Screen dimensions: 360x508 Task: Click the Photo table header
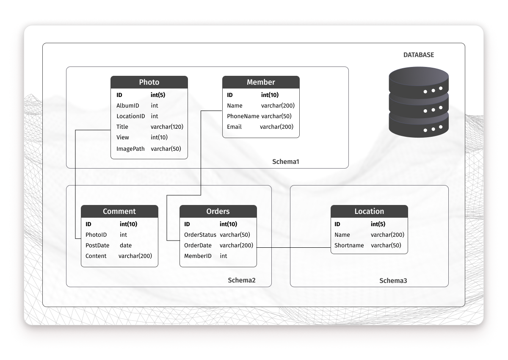coord(149,82)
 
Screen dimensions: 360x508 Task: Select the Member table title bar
coord(261,82)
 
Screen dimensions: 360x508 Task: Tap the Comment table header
coord(119,211)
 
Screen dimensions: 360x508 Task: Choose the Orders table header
coord(218,211)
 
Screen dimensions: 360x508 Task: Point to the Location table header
coord(369,211)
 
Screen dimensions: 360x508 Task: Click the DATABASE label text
coord(418,55)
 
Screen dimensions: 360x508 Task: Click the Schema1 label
coord(286,162)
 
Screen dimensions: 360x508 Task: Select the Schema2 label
coord(242,280)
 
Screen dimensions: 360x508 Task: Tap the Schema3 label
coord(393,280)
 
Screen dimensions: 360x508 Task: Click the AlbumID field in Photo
coord(128,105)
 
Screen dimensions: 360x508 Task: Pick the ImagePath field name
coord(130,149)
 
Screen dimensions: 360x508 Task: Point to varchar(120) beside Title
coord(167,127)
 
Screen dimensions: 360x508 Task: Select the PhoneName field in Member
coord(243,116)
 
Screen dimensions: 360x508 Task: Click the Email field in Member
coord(234,127)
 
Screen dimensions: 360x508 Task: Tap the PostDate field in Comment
coord(97,245)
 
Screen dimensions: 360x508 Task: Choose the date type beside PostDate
coord(126,245)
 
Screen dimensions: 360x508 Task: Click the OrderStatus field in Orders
coord(200,235)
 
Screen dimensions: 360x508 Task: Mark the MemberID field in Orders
coord(198,256)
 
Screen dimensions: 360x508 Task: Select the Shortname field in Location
coord(349,245)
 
